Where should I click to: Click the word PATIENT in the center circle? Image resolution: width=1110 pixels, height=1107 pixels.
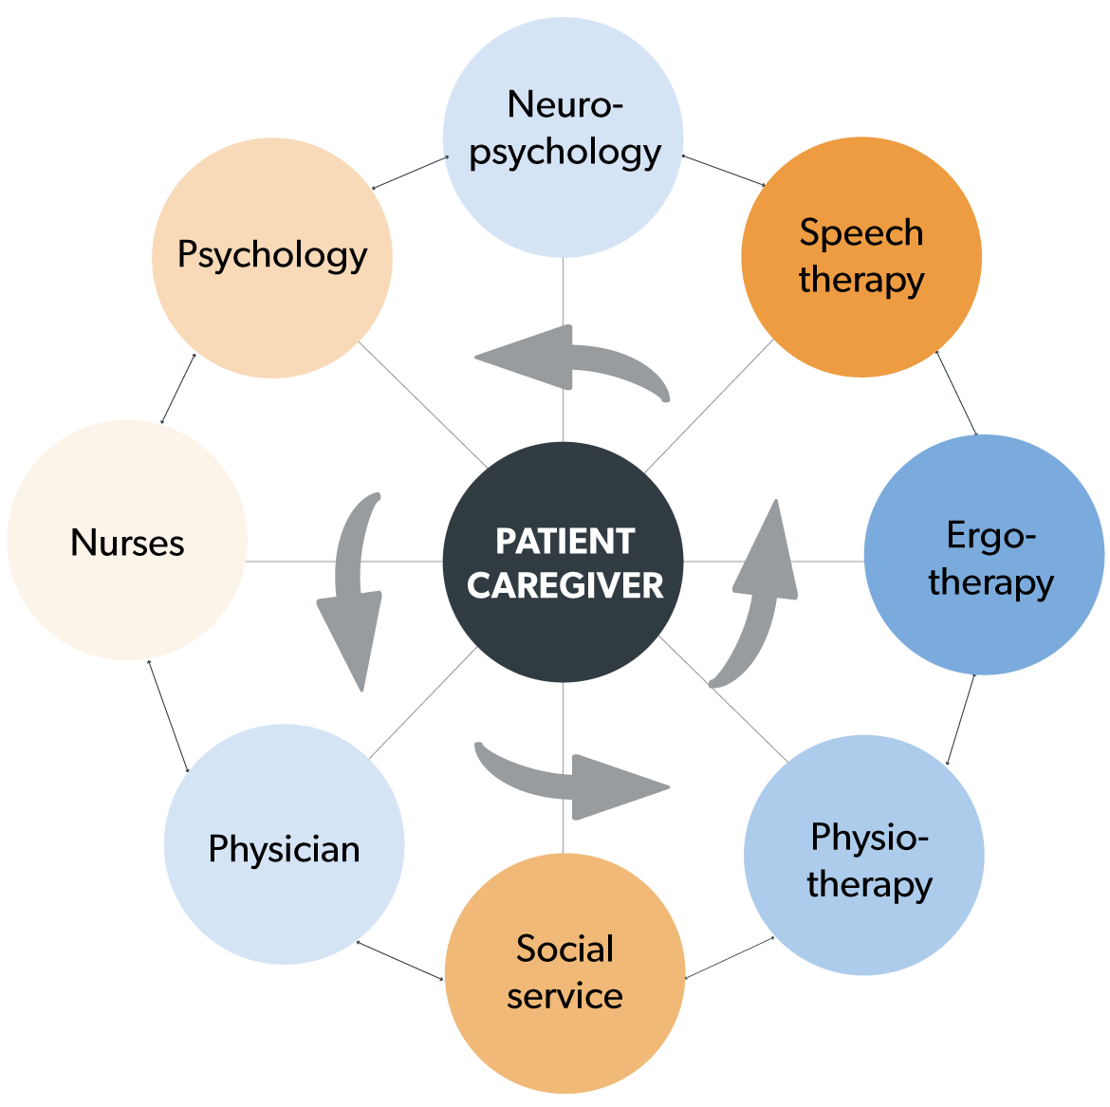click(564, 542)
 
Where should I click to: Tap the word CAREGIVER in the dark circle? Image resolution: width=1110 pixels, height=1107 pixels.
click(564, 586)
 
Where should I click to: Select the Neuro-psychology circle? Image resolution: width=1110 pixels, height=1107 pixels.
click(563, 138)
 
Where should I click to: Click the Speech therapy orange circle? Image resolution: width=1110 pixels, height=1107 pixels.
click(860, 257)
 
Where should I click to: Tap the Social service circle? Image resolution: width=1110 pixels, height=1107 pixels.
click(564, 972)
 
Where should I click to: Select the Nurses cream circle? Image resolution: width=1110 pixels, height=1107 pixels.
click(127, 541)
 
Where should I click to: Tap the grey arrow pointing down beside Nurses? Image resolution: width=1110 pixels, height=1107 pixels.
click(354, 598)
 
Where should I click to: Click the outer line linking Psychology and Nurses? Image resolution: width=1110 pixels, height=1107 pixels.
click(178, 389)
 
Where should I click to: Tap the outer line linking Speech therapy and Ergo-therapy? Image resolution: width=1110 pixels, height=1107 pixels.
click(956, 393)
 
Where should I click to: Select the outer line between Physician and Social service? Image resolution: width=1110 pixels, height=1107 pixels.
click(400, 960)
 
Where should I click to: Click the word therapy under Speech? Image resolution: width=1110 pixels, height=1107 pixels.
click(860, 281)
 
